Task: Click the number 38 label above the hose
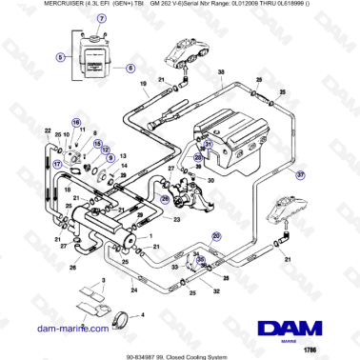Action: pyautogui.click(x=221, y=73)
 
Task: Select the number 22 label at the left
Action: pyautogui.click(x=49, y=130)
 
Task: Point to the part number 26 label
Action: pyautogui.click(x=72, y=269)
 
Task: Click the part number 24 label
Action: pyautogui.click(x=133, y=289)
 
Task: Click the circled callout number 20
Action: pyautogui.click(x=216, y=234)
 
